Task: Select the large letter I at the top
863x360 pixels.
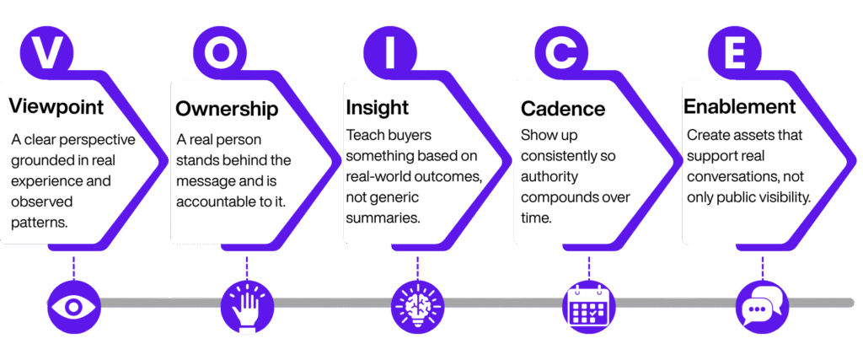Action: click(389, 52)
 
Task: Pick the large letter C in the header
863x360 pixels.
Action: click(560, 52)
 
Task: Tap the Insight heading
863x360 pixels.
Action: click(378, 108)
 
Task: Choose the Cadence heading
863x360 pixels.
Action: click(563, 109)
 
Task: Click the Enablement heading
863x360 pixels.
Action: click(739, 107)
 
